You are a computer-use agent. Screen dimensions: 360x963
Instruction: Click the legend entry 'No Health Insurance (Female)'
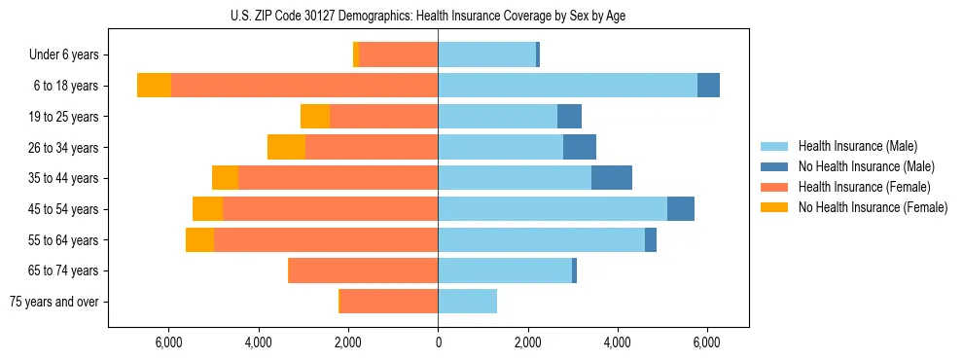point(873,207)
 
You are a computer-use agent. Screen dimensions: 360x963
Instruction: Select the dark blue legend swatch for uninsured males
point(774,166)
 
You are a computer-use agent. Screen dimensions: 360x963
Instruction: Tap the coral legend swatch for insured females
point(774,187)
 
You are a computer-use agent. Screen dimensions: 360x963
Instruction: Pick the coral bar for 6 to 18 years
point(304,86)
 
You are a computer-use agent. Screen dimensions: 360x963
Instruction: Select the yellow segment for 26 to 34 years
point(286,147)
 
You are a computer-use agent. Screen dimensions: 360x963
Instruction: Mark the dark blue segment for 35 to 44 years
point(612,178)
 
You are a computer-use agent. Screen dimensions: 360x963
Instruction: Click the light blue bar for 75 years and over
point(467,302)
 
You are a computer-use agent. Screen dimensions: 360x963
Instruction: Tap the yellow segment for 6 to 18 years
point(154,86)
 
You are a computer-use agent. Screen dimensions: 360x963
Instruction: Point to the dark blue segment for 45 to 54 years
point(681,209)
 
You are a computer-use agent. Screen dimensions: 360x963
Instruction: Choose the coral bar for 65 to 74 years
point(364,270)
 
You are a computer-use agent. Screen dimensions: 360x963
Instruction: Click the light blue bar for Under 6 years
point(486,54)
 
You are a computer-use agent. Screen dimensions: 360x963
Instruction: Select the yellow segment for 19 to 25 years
point(315,117)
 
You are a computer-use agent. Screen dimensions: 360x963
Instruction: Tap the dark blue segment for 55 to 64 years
point(651,240)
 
